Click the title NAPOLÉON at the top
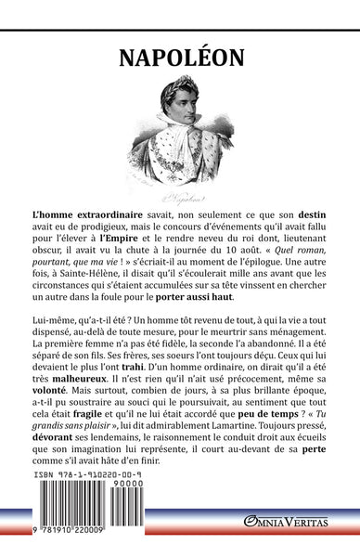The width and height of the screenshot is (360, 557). (x=180, y=58)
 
